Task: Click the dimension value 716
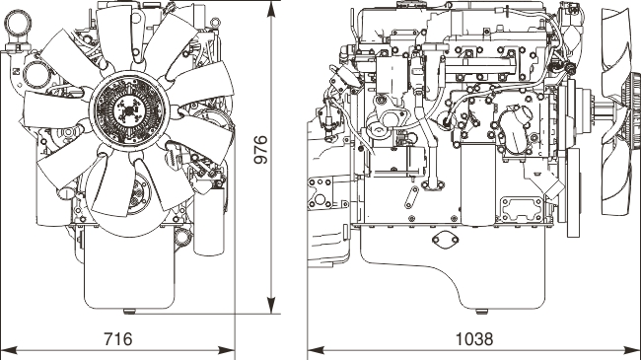click(117, 339)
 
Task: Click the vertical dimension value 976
click(260, 150)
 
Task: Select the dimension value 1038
click(474, 339)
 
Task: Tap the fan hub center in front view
click(129, 110)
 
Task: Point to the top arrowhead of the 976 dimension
click(271, 10)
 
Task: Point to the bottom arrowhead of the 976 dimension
click(271, 306)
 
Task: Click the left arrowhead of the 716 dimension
click(9, 350)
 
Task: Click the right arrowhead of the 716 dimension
click(226, 350)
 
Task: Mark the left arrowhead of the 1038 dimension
click(316, 350)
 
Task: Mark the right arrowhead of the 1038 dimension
click(632, 350)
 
